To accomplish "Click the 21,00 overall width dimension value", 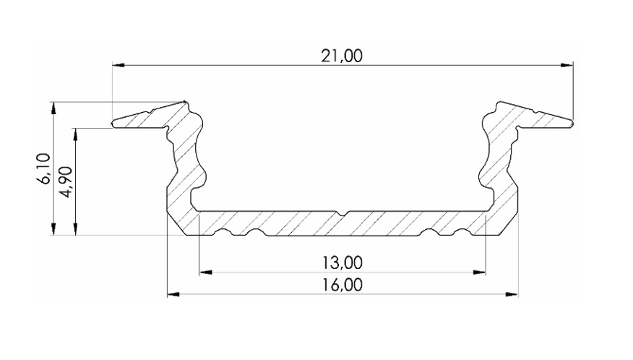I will (342, 56).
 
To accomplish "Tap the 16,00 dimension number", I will (342, 284).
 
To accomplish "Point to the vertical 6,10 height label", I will (44, 168).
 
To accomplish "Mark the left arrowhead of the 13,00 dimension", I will (204, 273).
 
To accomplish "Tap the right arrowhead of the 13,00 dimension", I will (479, 273).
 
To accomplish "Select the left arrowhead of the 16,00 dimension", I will (173, 294).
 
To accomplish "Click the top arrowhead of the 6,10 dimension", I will (54, 106).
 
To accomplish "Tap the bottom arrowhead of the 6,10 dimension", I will (54, 229).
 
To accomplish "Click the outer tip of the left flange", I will (113, 124).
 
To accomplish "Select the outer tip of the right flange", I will (572, 124).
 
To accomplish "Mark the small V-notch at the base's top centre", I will (343, 214).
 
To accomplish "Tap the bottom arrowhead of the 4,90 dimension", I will (76, 229).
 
